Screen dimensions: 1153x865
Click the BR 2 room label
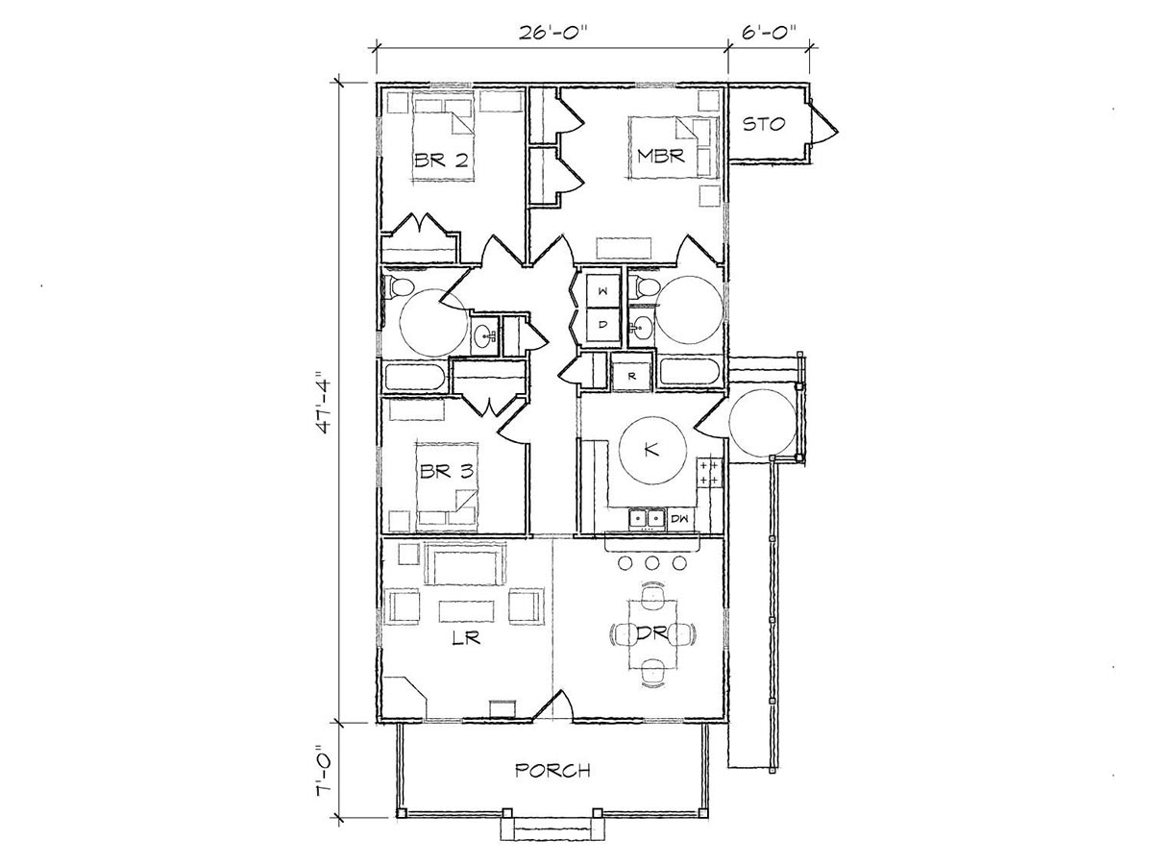(441, 160)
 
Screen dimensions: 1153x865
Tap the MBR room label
(660, 156)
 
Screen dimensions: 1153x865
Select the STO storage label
(764, 125)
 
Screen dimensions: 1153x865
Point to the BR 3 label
(447, 471)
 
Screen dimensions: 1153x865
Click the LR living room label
(466, 637)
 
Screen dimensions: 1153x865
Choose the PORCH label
(552, 771)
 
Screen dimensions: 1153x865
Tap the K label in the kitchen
(651, 449)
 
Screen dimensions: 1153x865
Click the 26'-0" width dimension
(552, 33)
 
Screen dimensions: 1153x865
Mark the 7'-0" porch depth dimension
(324, 770)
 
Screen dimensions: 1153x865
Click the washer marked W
(602, 291)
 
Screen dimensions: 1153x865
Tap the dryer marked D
(602, 325)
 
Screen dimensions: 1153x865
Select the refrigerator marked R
(632, 376)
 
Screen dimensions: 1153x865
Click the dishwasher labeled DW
(680, 519)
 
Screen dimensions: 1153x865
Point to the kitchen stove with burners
(709, 473)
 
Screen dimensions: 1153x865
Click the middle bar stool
(651, 563)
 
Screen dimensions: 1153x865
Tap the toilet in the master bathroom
(647, 286)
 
